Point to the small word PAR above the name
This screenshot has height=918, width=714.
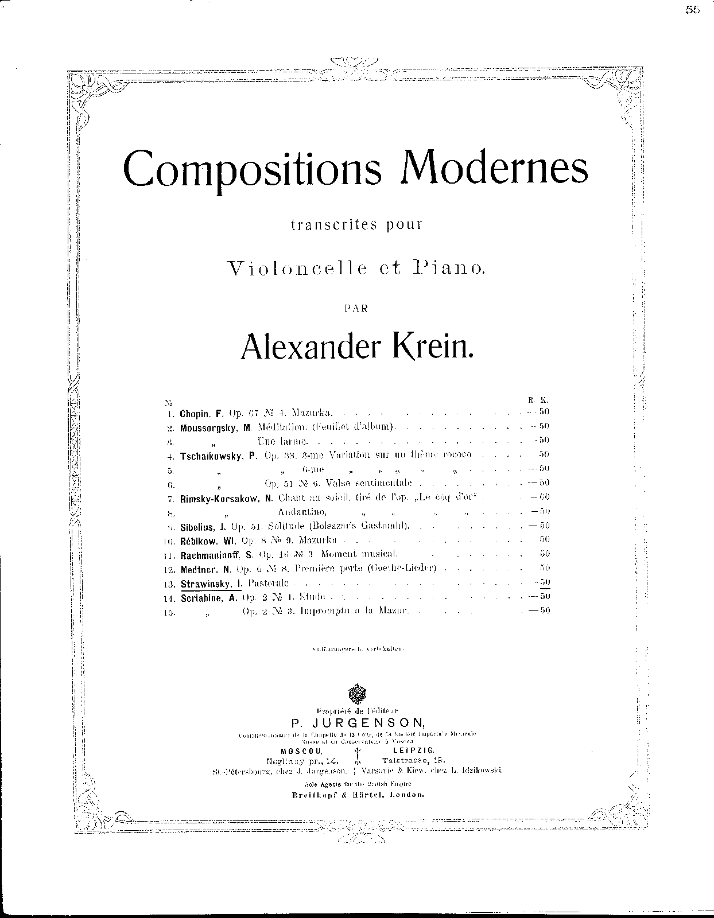point(356,308)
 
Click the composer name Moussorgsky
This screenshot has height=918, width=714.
point(205,427)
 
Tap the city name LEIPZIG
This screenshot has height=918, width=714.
point(414,750)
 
